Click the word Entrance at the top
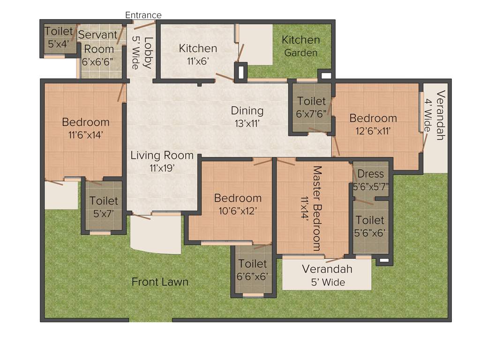pyautogui.click(x=143, y=15)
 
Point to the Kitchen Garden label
pyautogui.click(x=300, y=46)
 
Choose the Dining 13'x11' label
pyautogui.click(x=247, y=117)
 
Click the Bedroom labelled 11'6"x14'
pyautogui.click(x=86, y=128)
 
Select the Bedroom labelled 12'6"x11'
pyautogui.click(x=373, y=124)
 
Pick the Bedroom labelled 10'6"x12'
pyautogui.click(x=238, y=204)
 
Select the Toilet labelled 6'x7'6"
pyautogui.click(x=311, y=107)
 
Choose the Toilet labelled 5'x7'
pyautogui.click(x=104, y=207)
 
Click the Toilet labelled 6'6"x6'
pyautogui.click(x=252, y=270)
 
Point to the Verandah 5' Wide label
pyautogui.click(x=327, y=276)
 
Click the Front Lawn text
pyautogui.click(x=160, y=282)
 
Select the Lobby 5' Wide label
pyautogui.click(x=142, y=52)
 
